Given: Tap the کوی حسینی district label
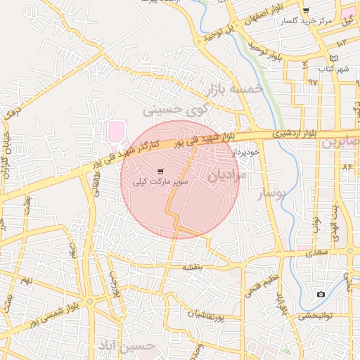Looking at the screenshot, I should [x=176, y=110].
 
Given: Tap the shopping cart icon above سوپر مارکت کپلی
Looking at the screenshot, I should [x=161, y=171].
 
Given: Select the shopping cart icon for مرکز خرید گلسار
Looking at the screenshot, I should [x=305, y=11].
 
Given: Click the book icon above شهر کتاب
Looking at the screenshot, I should [x=333, y=57].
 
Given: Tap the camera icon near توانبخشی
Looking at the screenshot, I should [x=321, y=294].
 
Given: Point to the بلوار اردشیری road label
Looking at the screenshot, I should [x=297, y=132].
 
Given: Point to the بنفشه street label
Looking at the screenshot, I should [x=193, y=267].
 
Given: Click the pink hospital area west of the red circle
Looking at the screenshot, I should [x=115, y=131].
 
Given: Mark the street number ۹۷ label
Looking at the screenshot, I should [x=312, y=82].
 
